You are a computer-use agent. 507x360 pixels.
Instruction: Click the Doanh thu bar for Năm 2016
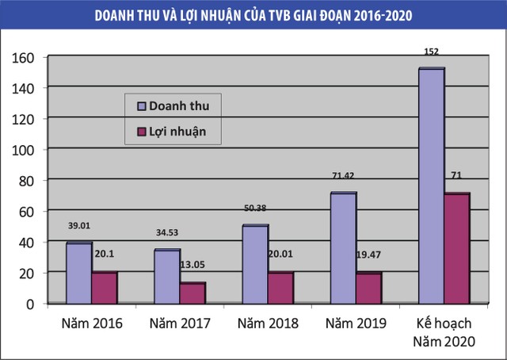[78, 273]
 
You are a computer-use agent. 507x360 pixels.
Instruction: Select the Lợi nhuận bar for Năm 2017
[192, 293]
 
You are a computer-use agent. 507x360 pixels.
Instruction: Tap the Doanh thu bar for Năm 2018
[255, 264]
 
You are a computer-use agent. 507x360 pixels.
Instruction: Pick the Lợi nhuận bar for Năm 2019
[368, 288]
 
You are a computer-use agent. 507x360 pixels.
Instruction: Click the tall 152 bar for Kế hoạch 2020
[431, 186]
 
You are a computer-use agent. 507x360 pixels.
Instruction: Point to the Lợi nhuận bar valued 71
[457, 248]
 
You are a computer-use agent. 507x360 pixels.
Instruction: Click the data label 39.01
[79, 225]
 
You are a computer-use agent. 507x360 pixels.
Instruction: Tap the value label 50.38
[255, 208]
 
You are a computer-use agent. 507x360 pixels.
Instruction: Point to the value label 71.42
[343, 175]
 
